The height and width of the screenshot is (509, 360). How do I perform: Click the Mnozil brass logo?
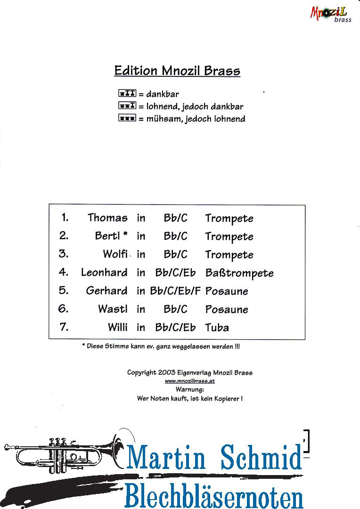330,14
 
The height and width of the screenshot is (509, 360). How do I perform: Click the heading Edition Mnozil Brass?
177,71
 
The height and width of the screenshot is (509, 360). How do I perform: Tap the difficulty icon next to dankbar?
127,93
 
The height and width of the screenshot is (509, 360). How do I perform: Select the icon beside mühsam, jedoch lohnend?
127,118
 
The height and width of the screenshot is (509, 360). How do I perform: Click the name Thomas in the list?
107,217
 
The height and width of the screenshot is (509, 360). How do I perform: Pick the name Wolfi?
115,254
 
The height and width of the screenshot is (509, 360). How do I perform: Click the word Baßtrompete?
239,273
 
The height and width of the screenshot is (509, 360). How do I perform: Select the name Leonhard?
104,272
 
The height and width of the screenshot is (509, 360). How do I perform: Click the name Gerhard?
107,290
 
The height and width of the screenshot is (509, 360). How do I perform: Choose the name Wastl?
113,308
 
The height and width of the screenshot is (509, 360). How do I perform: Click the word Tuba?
217,327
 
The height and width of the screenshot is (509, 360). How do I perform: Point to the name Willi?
118,327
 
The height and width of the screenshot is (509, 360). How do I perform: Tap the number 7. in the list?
64,327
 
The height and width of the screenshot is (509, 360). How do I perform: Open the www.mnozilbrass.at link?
190,381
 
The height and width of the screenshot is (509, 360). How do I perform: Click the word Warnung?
190,389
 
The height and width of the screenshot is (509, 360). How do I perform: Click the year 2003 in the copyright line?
166,372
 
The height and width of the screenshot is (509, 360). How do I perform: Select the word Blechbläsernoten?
214,495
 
